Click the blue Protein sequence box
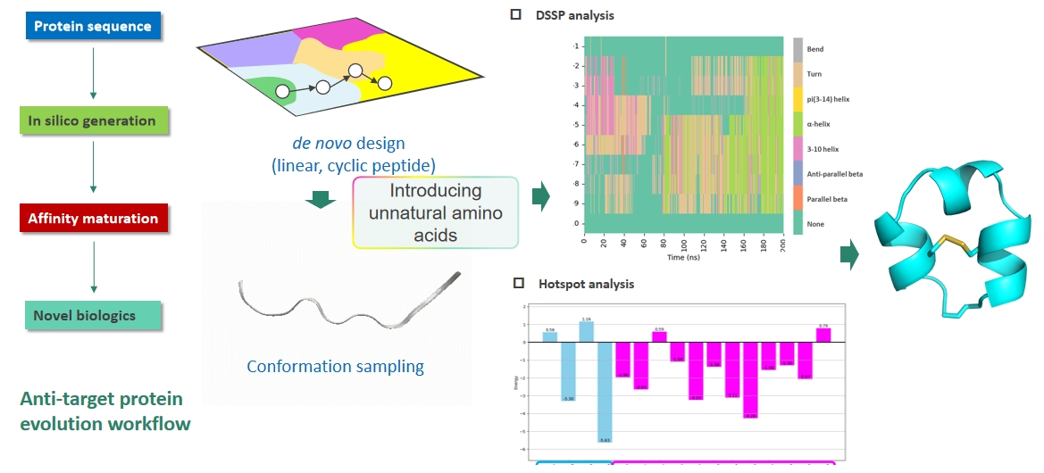click(x=92, y=26)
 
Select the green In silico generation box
click(x=92, y=121)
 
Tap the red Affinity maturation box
click(x=93, y=219)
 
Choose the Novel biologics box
click(x=92, y=316)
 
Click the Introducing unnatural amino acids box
click(x=436, y=212)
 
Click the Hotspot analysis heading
click(x=586, y=284)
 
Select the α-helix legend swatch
click(x=798, y=123)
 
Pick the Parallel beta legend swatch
click(x=798, y=198)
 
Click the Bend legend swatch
click(x=798, y=48)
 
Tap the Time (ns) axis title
click(x=684, y=257)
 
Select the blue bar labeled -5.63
click(x=605, y=393)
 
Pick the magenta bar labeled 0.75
click(x=823, y=335)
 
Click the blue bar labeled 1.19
click(x=586, y=331)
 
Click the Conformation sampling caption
click(x=335, y=366)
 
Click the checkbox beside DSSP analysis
click(x=515, y=15)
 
